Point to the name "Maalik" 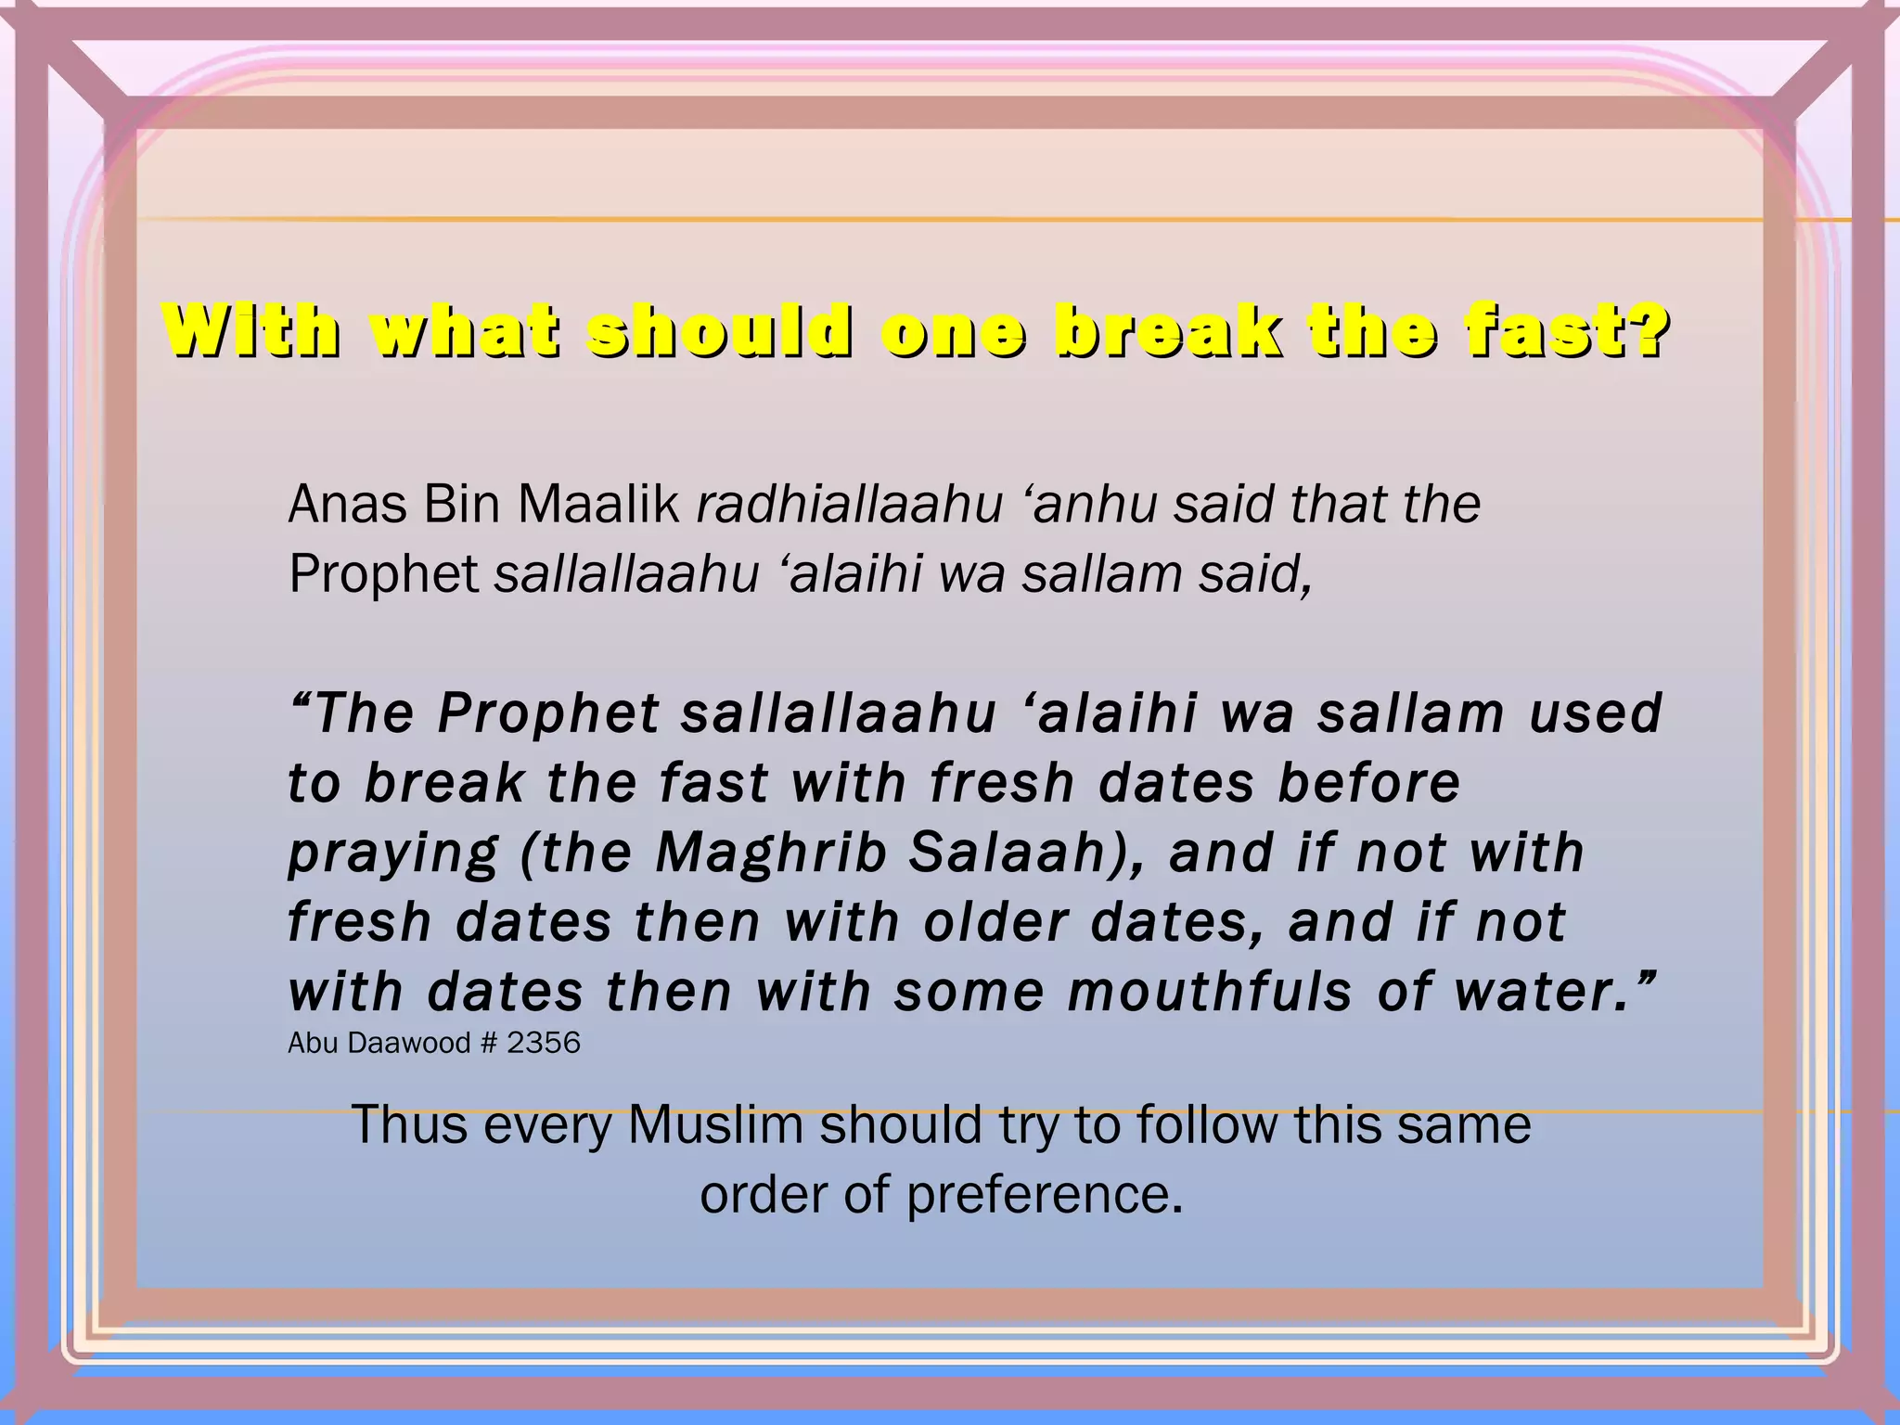[598, 505]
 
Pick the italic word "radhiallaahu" [850, 505]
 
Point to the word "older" [995, 922]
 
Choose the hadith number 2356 [544, 1043]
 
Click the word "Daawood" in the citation [408, 1043]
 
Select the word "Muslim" [715, 1125]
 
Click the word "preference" [1044, 1195]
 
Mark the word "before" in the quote [1369, 783]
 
